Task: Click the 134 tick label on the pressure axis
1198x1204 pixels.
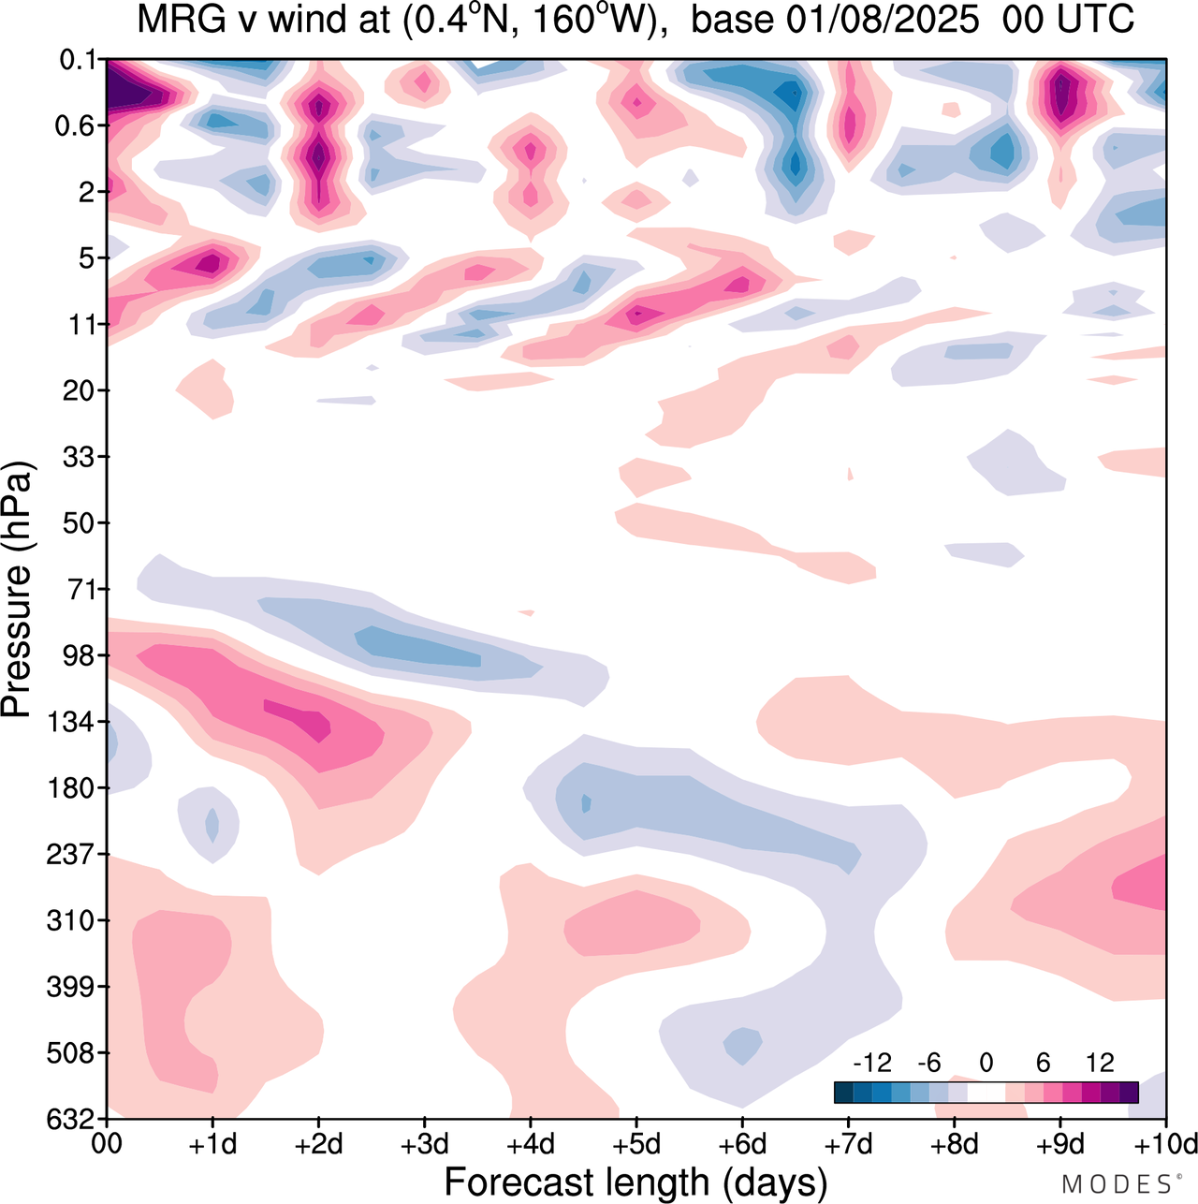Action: (x=70, y=722)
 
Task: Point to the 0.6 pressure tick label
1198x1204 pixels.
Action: (x=76, y=125)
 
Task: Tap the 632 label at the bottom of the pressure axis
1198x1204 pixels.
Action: (x=70, y=1119)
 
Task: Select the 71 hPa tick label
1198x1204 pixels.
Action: (x=82, y=589)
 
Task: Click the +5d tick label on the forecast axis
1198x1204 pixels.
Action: (x=636, y=1144)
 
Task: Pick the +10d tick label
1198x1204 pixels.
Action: (x=1164, y=1144)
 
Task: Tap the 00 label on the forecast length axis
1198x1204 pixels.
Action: (x=107, y=1144)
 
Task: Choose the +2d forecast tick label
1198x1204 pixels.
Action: (x=318, y=1144)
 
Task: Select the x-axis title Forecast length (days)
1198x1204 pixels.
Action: (x=636, y=1182)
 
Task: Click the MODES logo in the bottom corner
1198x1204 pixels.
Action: (x=1117, y=1183)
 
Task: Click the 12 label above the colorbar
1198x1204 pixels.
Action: (x=1100, y=1063)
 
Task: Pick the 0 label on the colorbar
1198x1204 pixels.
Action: (x=986, y=1063)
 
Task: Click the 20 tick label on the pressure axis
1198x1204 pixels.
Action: (x=82, y=390)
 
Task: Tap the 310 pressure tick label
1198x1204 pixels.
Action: (x=70, y=920)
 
